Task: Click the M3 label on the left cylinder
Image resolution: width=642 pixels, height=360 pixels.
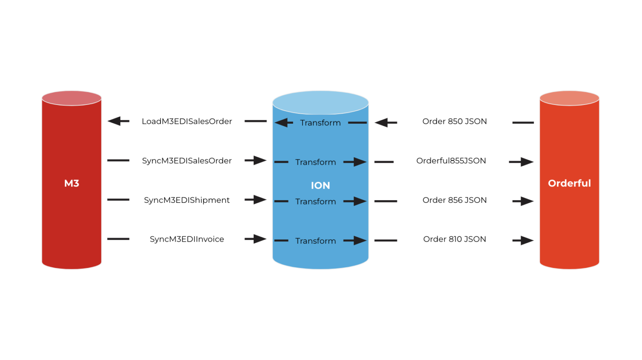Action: pos(71,183)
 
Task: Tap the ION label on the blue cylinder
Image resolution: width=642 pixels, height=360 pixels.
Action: pos(320,185)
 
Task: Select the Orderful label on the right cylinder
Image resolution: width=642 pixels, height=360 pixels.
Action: pos(569,183)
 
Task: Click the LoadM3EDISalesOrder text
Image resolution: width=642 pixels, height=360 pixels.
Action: pos(186,121)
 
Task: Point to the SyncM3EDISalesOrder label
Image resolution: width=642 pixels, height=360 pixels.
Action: pos(186,161)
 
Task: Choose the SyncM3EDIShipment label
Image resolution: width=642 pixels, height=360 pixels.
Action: pos(186,200)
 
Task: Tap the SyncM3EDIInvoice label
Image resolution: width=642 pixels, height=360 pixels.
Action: pos(186,239)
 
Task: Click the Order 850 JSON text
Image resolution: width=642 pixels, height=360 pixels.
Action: pos(454,121)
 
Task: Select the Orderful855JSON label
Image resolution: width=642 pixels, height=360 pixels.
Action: pos(451,161)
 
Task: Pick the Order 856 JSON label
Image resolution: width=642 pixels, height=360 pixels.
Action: pos(454,200)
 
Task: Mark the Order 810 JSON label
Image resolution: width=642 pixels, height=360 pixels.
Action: pos(454,239)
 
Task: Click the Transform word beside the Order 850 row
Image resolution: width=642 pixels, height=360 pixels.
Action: pos(320,123)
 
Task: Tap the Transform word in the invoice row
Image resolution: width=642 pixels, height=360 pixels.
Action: pos(315,241)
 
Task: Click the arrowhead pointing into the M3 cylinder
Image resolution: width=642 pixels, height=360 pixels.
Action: pos(115,121)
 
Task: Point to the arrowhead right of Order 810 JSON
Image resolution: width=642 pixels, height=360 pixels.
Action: pos(527,240)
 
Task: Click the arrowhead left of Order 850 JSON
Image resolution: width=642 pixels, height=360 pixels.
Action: pos(382,123)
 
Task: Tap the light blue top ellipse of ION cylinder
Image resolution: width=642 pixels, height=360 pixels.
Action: pos(320,102)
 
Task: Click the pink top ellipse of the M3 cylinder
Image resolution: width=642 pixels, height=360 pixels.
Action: pos(71,98)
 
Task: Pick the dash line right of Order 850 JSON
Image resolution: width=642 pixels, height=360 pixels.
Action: pos(523,123)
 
